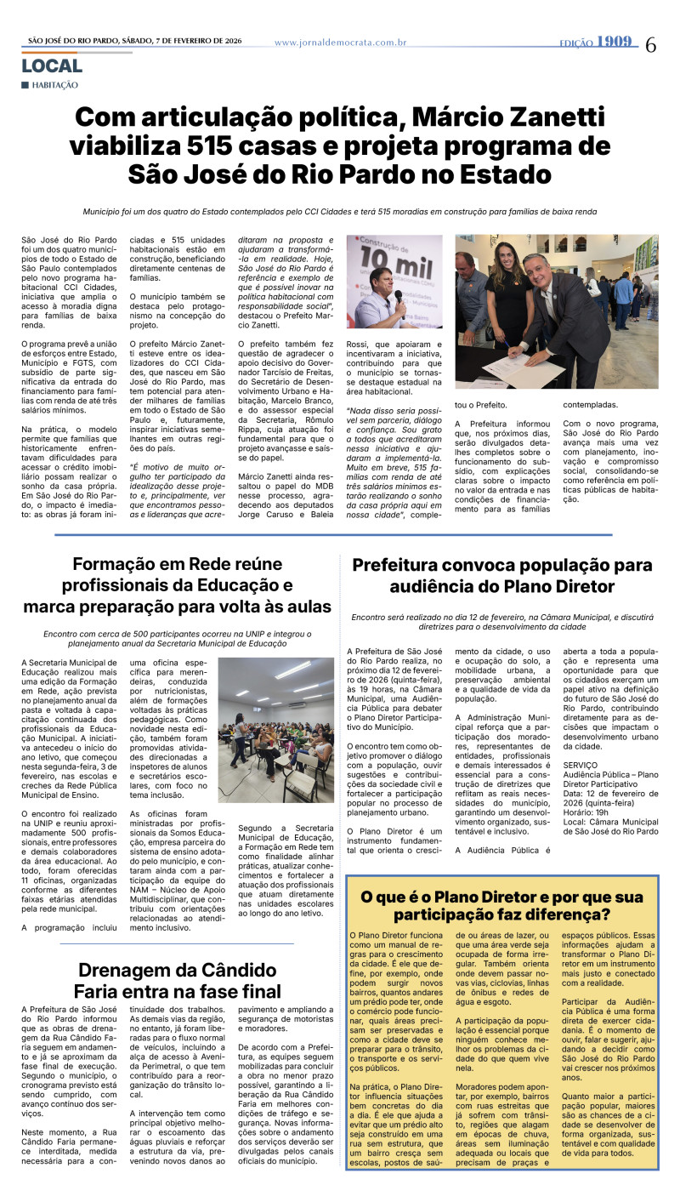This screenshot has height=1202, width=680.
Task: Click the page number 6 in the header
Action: click(650, 45)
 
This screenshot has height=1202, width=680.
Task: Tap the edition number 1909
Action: click(615, 42)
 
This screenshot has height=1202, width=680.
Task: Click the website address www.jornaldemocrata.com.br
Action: click(340, 43)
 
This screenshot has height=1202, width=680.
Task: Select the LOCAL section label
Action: click(52, 66)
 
